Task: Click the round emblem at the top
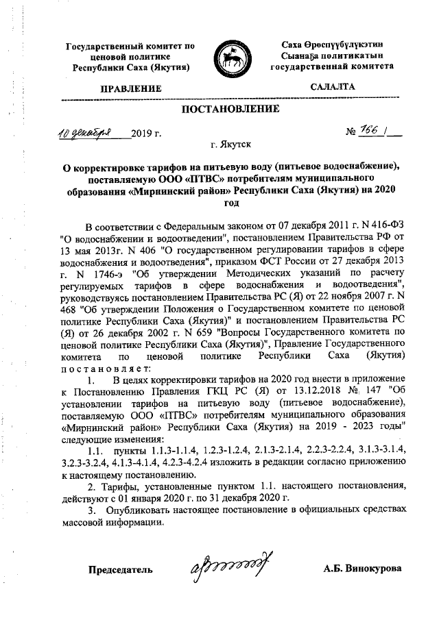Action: (x=230, y=58)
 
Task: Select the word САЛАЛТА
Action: (x=333, y=87)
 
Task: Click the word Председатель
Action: (x=119, y=569)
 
